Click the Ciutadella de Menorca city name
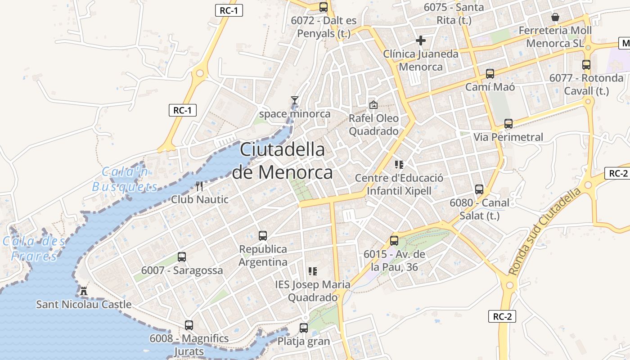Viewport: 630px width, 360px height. coord(282,161)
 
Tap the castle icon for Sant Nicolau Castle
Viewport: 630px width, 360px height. coord(83,291)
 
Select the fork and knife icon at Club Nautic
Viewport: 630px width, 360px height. coord(200,186)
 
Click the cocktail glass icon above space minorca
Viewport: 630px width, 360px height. coord(295,100)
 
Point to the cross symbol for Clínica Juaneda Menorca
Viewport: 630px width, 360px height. coord(421,40)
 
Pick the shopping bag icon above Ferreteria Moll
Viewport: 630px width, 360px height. coord(555,17)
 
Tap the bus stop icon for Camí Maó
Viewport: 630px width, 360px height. coord(490,73)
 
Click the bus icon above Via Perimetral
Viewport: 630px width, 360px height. coord(508,123)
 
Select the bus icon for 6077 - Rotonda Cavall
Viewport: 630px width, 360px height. coord(586,64)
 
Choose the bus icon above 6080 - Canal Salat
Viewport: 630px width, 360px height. coord(479,189)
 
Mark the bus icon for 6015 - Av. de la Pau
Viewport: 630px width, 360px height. coord(394,241)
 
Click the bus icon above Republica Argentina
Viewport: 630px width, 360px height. coord(263,235)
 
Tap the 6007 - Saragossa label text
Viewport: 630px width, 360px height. coord(182,270)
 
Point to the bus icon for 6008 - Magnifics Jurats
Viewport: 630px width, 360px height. coord(189,325)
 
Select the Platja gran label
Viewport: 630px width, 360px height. coord(303,342)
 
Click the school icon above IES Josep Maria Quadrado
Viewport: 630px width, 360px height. coord(313,271)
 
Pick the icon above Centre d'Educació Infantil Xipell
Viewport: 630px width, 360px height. coord(399,164)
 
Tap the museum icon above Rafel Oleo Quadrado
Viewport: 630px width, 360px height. coord(373,105)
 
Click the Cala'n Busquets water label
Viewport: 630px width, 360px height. coord(126,179)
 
